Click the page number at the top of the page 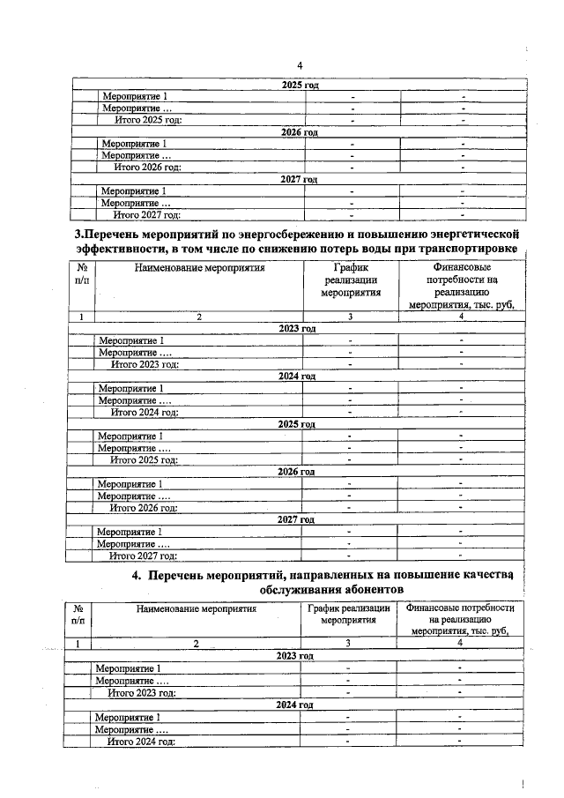(299, 66)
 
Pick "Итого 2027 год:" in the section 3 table (143, 556)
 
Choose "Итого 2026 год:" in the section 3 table (143, 508)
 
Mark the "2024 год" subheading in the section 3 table (297, 377)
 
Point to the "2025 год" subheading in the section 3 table (297, 424)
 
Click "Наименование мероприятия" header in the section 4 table (196, 608)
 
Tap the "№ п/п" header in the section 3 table (81, 273)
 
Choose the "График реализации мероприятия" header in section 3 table (350, 280)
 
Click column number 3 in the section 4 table (349, 644)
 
